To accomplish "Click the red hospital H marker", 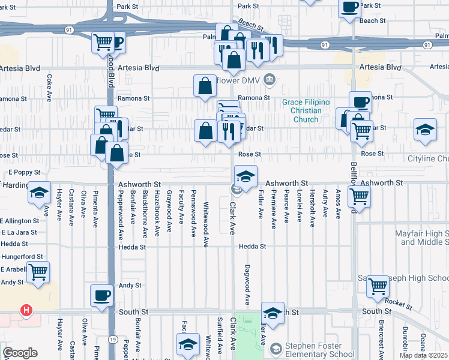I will click(x=26, y=310).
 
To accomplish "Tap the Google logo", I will click(x=20, y=352).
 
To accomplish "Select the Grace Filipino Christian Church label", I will click(x=306, y=110).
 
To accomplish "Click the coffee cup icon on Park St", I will click(x=351, y=8).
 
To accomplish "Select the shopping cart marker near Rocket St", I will click(x=378, y=286).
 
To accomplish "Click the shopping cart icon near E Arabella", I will click(x=38, y=271).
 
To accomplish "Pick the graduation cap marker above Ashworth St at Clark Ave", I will click(x=246, y=176).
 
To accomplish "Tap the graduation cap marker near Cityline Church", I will click(x=425, y=130).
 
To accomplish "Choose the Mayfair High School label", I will click(x=422, y=237).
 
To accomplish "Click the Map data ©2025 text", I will click(x=423, y=355).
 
